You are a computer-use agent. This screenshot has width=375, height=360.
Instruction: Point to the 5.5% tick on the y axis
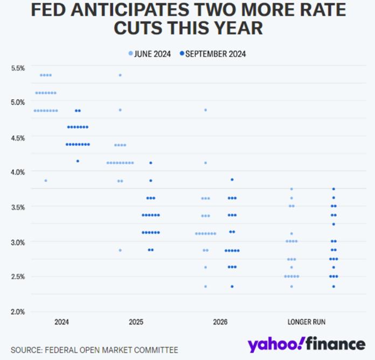(x=18, y=68)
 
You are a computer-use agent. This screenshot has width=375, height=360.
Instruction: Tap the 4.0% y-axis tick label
(x=18, y=172)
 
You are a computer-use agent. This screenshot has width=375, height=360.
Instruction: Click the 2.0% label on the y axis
(x=18, y=311)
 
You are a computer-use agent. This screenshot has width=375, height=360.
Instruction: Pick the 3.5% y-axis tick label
(x=18, y=207)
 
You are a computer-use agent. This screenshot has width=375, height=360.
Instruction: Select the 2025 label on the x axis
(x=136, y=322)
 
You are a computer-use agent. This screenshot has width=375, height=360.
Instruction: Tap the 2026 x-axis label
(x=220, y=322)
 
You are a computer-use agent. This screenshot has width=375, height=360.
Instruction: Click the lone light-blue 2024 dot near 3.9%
(x=46, y=181)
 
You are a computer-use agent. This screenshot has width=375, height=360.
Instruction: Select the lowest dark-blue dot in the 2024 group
(x=78, y=161)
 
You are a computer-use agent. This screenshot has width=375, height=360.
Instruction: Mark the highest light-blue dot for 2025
(x=120, y=75)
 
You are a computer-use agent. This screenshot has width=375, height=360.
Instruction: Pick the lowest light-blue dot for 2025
(x=120, y=250)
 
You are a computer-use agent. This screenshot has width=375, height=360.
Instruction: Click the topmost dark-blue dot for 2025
(x=151, y=163)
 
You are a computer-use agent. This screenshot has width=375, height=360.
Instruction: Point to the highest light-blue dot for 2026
(x=205, y=110)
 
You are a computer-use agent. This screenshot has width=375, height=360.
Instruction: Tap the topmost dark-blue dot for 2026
(x=232, y=179)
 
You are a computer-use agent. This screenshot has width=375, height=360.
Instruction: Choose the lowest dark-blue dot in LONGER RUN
(x=334, y=286)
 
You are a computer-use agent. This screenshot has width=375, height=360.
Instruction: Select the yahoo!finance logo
(x=306, y=344)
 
